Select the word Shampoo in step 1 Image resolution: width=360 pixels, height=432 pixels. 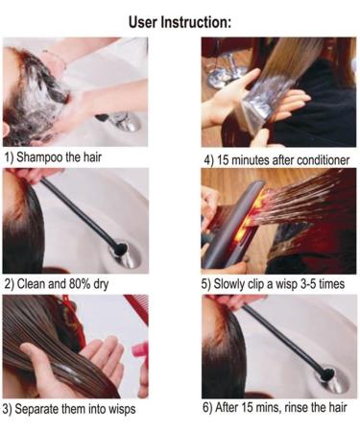click(x=45, y=156)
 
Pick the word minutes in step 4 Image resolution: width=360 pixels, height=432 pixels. click(x=252, y=158)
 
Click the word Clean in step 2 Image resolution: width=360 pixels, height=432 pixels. click(x=33, y=284)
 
